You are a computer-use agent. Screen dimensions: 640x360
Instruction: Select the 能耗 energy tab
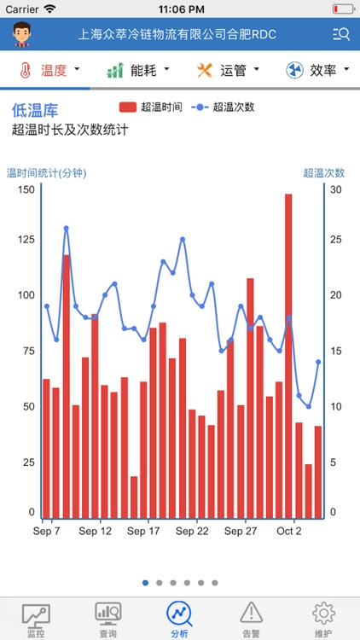pyautogui.click(x=137, y=70)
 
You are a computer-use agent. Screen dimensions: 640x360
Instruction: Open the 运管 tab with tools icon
pyautogui.click(x=227, y=70)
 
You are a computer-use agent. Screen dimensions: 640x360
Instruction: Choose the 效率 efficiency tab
pyautogui.click(x=316, y=70)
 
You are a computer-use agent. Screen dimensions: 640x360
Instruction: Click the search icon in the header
pyautogui.click(x=341, y=34)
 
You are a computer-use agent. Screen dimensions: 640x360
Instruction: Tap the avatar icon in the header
pyautogui.click(x=21, y=34)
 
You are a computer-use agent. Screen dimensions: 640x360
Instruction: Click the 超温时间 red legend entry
pyautogui.click(x=150, y=108)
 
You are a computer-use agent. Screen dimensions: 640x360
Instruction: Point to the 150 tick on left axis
pyautogui.click(x=26, y=189)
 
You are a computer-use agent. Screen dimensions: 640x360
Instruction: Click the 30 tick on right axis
pyautogui.click(x=336, y=189)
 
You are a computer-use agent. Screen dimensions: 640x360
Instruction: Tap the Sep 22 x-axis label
pyautogui.click(x=192, y=531)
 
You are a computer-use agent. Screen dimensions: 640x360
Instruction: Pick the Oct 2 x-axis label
pyautogui.click(x=288, y=531)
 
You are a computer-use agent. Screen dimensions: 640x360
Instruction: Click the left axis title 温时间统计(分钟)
pyautogui.click(x=47, y=173)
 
